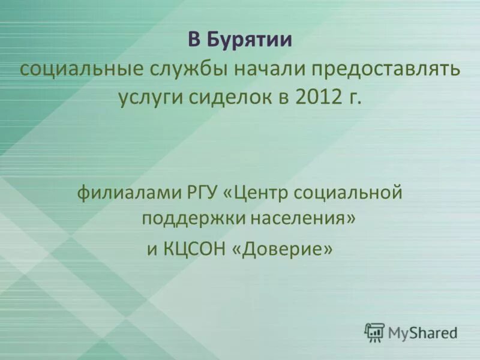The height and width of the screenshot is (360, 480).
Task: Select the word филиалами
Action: coord(124,193)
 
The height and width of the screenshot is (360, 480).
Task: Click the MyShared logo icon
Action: coord(374,332)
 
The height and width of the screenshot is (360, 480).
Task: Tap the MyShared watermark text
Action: coord(422,332)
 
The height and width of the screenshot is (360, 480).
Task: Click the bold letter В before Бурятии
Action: coord(194,41)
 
